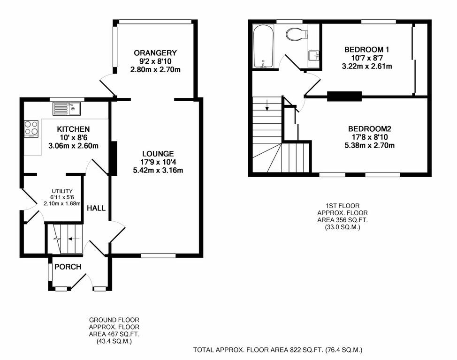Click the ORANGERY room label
[x=155, y=52]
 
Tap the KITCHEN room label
[x=73, y=129]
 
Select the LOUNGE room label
[x=158, y=153]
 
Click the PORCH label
[x=68, y=267]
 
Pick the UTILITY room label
[x=62, y=191]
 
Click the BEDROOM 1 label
[x=367, y=50]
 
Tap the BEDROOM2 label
[x=370, y=129]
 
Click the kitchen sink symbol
[x=67, y=109]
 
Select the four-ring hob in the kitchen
[x=31, y=128]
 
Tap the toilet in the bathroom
[x=297, y=34]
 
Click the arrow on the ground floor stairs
[x=73, y=239]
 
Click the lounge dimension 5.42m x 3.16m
[x=158, y=170]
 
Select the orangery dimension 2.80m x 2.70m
[x=155, y=69]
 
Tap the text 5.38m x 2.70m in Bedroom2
[x=370, y=145]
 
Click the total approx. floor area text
[x=278, y=350]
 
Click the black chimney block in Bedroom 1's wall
[x=344, y=97]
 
